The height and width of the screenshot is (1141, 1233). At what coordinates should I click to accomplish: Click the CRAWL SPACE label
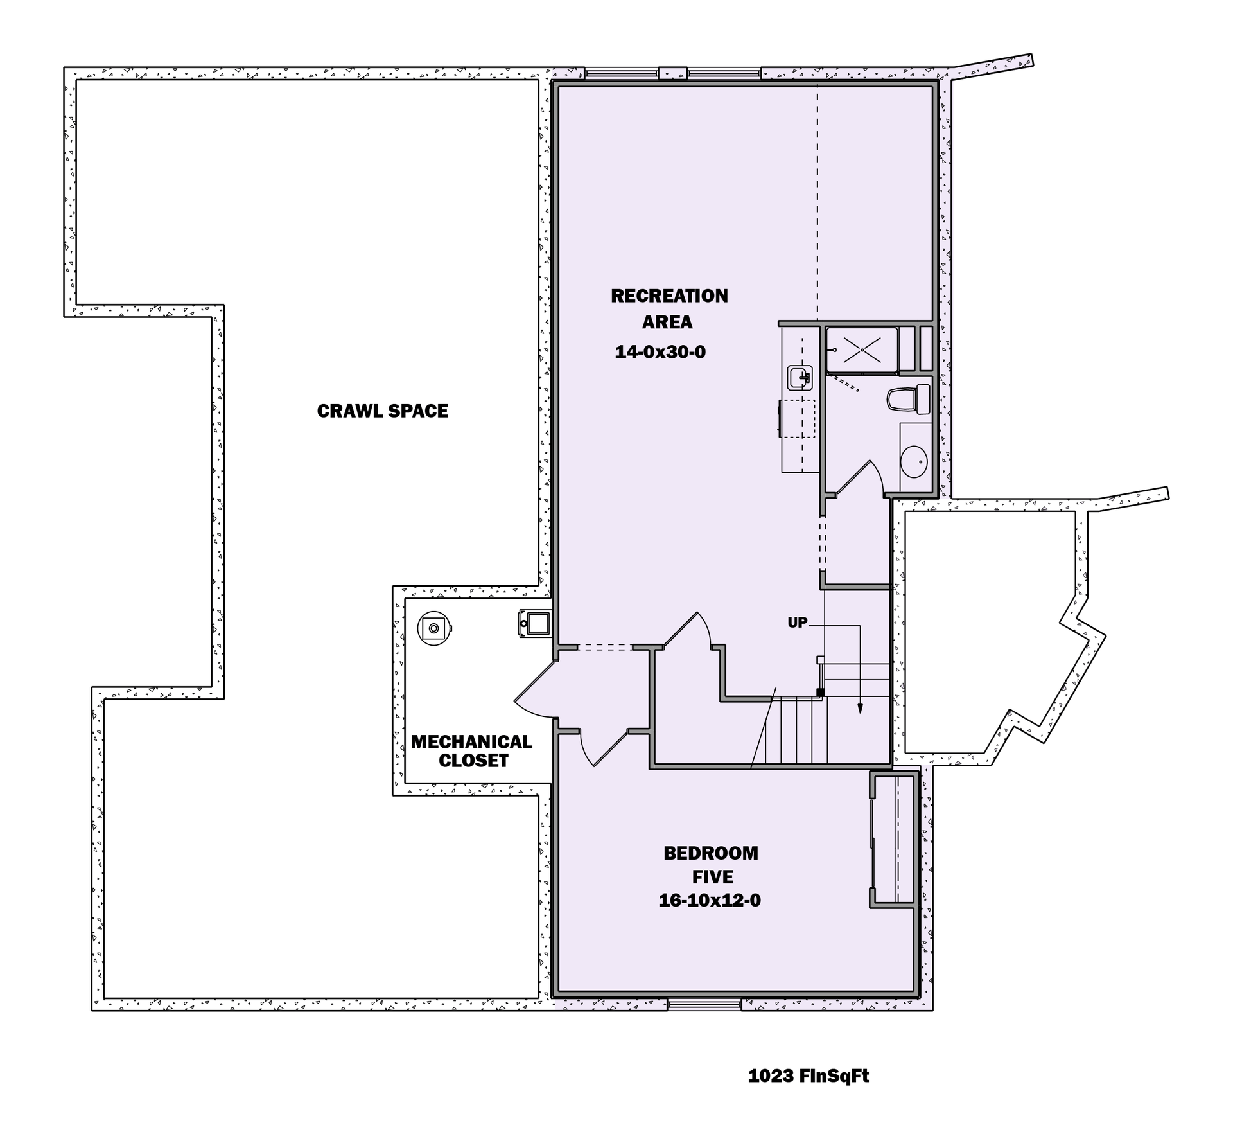pos(383,411)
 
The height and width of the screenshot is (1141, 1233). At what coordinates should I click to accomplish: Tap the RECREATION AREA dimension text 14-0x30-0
pos(660,352)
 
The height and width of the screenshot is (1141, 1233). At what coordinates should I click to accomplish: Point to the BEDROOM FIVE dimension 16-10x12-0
pos(710,901)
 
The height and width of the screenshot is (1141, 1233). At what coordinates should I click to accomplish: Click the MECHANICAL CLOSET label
pos(472,751)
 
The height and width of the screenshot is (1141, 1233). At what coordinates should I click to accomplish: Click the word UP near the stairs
pos(797,623)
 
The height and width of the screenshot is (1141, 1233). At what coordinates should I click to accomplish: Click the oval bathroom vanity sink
pos(913,460)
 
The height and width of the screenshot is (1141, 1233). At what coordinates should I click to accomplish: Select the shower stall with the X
pos(861,349)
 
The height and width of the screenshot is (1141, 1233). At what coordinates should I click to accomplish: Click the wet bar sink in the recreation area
pos(800,378)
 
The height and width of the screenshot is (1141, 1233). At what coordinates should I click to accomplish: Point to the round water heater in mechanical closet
pos(433,628)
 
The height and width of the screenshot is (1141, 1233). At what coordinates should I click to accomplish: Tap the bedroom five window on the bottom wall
pos(704,1004)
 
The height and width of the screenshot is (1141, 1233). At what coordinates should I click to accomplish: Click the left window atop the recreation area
pos(621,73)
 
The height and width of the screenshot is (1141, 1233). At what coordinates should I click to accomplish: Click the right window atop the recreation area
pos(724,73)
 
